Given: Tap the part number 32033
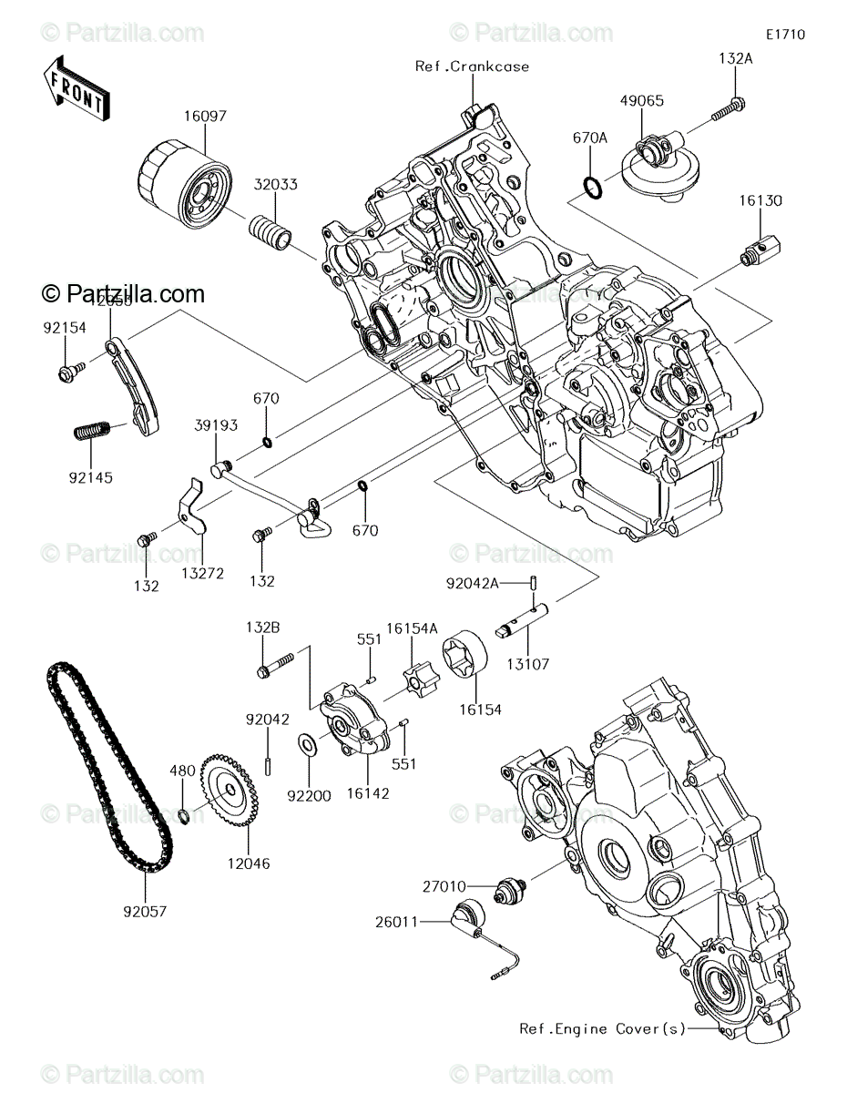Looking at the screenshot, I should (x=275, y=183).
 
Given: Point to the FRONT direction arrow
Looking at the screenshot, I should (x=77, y=87).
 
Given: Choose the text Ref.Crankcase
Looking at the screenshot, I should (x=472, y=66).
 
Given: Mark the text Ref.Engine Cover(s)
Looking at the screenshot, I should (x=602, y=1028).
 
